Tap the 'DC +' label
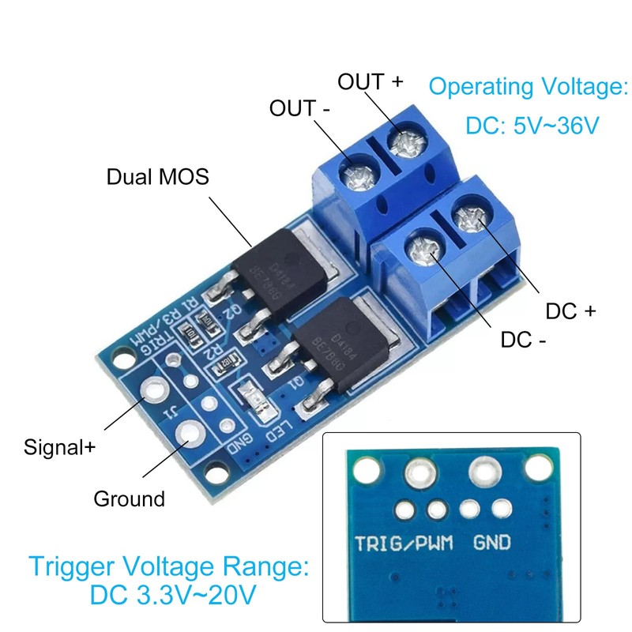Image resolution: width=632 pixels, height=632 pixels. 570,311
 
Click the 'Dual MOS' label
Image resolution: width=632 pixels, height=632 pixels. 158,177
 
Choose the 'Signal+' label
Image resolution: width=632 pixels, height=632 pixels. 59,447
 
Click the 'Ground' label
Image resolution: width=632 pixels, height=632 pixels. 129,499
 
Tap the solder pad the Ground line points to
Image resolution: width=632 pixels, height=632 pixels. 191,432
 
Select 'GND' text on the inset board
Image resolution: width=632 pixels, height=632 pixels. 491,543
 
